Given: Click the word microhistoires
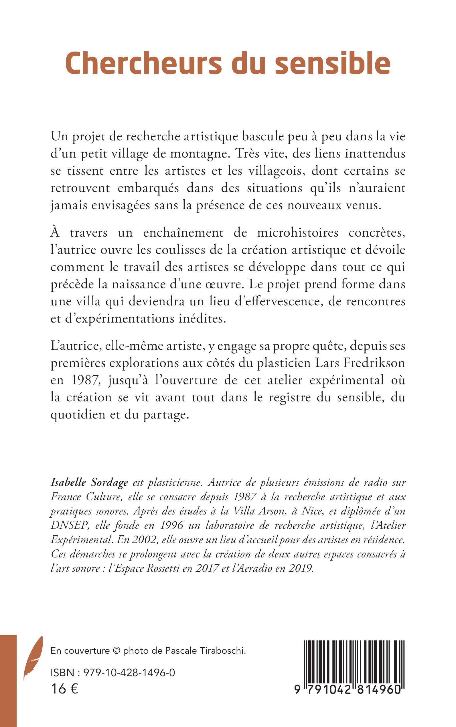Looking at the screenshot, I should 297,233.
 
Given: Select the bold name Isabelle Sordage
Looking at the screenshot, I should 89,482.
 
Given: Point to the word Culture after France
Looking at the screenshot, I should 104,496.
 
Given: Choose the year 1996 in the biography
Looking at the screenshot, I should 171,525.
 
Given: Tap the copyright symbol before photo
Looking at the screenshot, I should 116,651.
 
